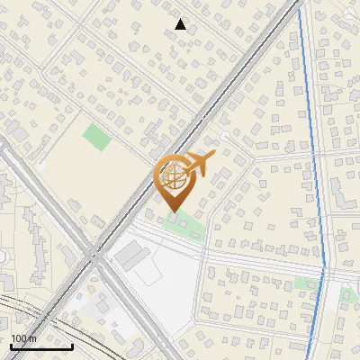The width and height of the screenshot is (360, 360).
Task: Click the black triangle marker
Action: tap(180, 25)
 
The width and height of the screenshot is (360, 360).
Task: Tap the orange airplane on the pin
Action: tap(198, 164)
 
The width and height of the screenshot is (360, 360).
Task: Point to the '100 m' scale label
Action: tap(23, 338)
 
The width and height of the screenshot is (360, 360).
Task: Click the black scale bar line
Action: tap(41, 346)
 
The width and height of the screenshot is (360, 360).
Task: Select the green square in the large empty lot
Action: tap(96, 139)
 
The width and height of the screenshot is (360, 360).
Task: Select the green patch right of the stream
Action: tap(346, 294)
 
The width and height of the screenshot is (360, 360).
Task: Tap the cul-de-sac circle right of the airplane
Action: tap(222, 135)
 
